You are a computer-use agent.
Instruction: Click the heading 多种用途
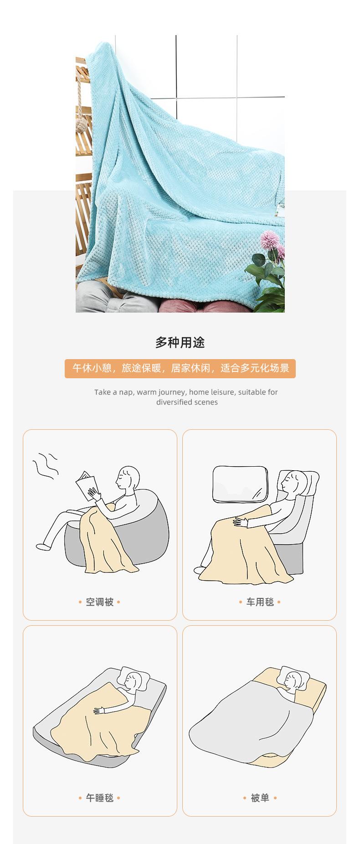coord(180,342)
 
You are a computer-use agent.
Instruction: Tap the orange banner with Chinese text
coord(180,368)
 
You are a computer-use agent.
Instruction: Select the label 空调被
coord(100,602)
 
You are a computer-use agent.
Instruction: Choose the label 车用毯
coord(260,602)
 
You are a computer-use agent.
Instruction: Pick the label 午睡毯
coord(100,798)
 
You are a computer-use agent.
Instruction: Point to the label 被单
coord(260,798)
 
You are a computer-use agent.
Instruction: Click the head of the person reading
coord(128,478)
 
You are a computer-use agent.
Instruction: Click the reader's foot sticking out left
coord(42,545)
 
